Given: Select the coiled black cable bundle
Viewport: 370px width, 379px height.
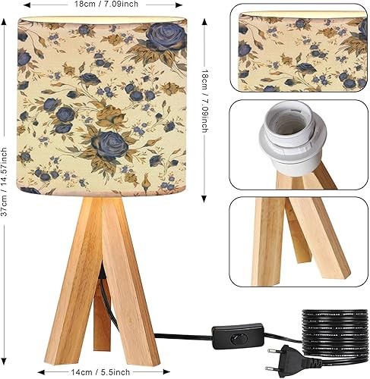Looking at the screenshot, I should [334, 330].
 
